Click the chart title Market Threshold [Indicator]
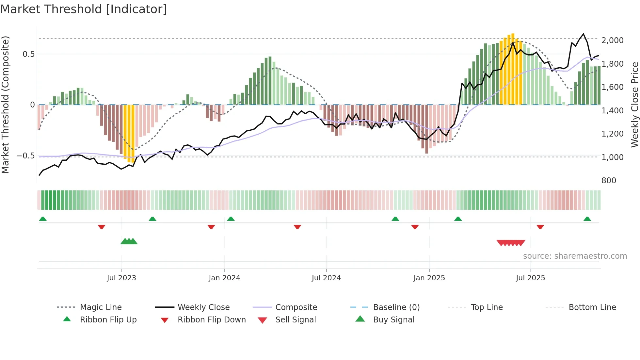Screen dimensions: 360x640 click(x=84, y=9)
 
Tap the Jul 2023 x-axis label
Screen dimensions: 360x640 click(x=121, y=278)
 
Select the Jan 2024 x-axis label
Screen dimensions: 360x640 click(x=224, y=278)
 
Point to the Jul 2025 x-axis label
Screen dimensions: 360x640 click(x=530, y=278)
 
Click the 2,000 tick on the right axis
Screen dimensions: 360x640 click(x=612, y=41)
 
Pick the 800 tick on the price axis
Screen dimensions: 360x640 click(x=609, y=181)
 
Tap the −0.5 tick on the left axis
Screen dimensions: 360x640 click(x=26, y=156)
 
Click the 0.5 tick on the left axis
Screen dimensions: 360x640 click(x=28, y=54)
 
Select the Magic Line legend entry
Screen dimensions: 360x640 click(x=101, y=307)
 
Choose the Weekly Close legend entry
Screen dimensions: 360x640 click(x=203, y=307)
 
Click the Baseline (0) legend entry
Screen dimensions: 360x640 click(x=396, y=307)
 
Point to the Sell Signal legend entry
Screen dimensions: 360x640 click(x=296, y=320)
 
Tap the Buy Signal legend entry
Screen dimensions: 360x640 click(x=393, y=320)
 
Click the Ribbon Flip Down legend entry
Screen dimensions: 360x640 click(x=212, y=320)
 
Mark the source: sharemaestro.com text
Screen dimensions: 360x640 click(x=575, y=256)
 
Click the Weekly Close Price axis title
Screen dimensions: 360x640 click(x=634, y=105)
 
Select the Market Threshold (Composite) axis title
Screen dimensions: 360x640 click(x=5, y=105)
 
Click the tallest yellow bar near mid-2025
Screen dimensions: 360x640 click(x=513, y=69)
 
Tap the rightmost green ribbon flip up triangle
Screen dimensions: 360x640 click(x=587, y=219)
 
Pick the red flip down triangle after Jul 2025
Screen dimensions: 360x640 click(x=540, y=227)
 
